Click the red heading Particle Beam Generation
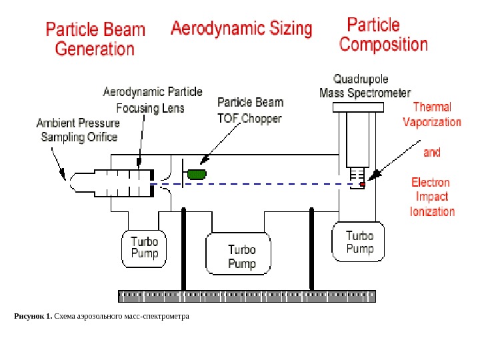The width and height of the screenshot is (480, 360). (95, 39)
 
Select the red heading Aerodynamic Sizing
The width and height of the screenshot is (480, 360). (241, 29)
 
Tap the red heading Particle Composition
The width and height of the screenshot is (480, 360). (383, 35)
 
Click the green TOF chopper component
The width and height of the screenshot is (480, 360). (197, 174)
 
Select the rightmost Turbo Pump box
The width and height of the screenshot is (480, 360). (359, 243)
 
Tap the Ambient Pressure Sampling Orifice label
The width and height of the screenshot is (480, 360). (78, 130)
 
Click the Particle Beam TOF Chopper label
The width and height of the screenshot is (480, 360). (250, 111)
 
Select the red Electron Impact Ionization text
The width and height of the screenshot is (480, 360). (432, 197)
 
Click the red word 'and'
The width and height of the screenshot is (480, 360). (432, 153)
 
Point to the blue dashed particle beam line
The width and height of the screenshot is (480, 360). (267, 184)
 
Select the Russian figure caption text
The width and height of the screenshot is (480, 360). (102, 315)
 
